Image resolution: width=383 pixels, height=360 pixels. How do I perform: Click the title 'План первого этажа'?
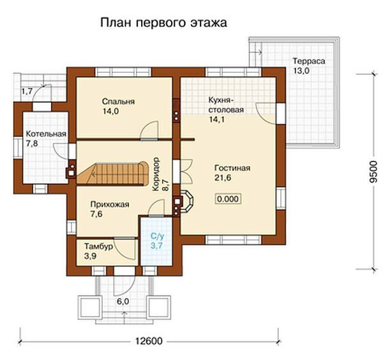click(163, 24)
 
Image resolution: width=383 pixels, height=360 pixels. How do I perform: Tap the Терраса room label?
click(309, 61)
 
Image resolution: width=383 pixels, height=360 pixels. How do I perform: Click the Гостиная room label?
click(232, 169)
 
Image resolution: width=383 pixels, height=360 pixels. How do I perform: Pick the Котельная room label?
click(47, 134)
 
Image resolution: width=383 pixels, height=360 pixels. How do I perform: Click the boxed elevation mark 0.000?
click(229, 199)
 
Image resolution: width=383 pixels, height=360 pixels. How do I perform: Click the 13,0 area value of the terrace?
click(301, 71)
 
